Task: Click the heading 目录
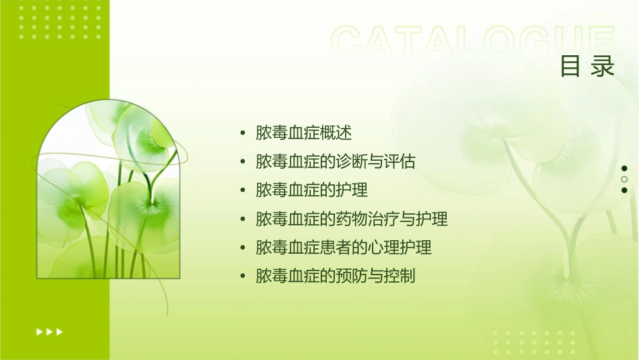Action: [x=587, y=67]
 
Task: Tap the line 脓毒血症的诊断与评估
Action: [x=336, y=161]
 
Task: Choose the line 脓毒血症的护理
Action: [x=311, y=190]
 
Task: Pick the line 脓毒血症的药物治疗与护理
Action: [x=352, y=219]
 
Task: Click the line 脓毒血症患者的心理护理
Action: [x=344, y=248]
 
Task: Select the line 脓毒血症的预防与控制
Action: [x=336, y=277]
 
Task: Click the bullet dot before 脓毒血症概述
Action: [x=243, y=133]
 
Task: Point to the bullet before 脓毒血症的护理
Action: [x=243, y=190]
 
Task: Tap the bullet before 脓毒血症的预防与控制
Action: [x=243, y=277]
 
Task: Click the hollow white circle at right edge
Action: [x=624, y=180]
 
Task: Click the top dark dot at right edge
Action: [x=624, y=168]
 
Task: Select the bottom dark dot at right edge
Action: [x=624, y=190]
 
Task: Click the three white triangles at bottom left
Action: [x=49, y=332]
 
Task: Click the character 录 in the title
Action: [x=603, y=67]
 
